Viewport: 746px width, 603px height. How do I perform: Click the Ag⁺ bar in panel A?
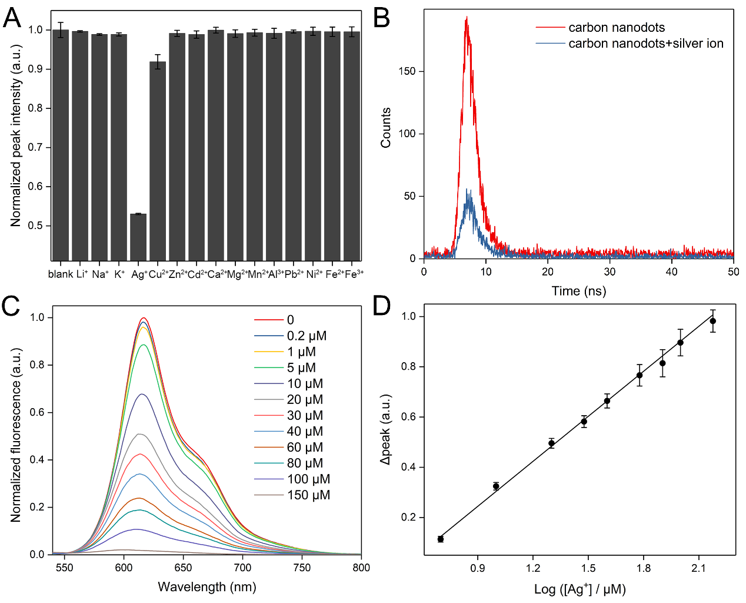click(138, 237)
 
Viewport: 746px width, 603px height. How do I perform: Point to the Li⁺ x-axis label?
click(82, 274)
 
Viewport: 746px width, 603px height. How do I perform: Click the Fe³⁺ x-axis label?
click(354, 274)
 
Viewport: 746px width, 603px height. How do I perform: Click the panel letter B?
click(382, 18)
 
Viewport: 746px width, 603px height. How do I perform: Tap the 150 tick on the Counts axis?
click(407, 71)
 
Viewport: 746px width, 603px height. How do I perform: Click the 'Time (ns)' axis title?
click(579, 291)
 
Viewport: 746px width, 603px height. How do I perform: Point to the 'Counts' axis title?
click(386, 127)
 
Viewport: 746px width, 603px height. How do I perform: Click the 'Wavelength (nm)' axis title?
click(207, 587)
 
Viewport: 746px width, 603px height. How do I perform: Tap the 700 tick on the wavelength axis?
click(242, 568)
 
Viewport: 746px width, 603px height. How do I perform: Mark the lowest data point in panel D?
click(441, 539)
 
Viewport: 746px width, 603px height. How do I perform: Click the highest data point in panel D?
click(713, 321)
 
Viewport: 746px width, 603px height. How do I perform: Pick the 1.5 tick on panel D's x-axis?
click(588, 568)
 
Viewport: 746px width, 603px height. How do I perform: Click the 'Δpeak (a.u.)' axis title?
click(386, 429)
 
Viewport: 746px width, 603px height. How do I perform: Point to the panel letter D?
click(382, 306)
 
